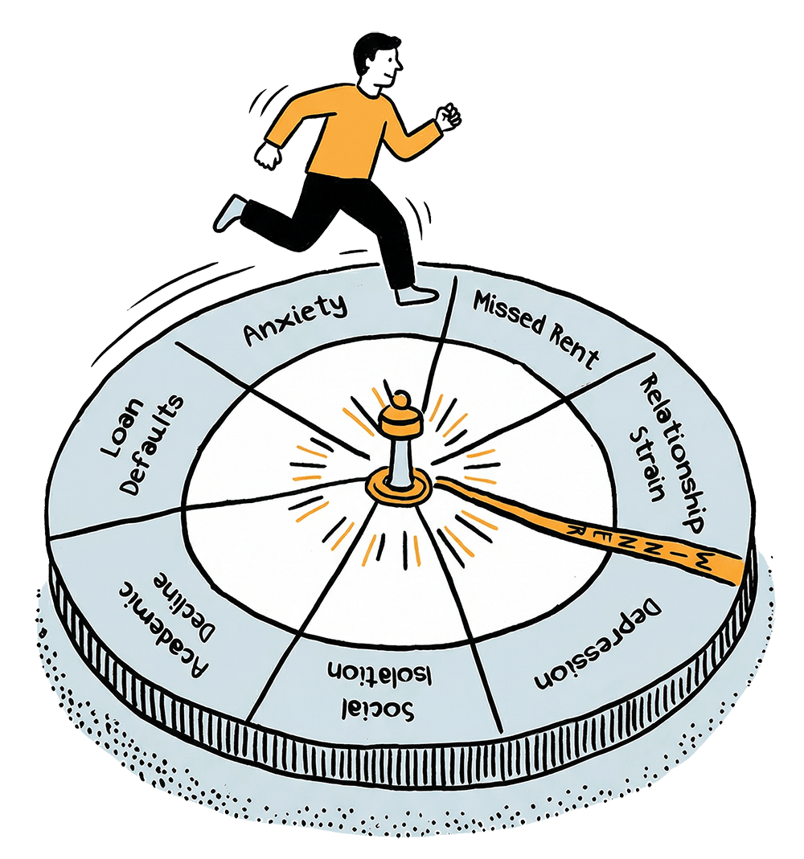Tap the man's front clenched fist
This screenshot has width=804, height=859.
click(x=449, y=117)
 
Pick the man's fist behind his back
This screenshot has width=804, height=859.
click(x=269, y=156)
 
